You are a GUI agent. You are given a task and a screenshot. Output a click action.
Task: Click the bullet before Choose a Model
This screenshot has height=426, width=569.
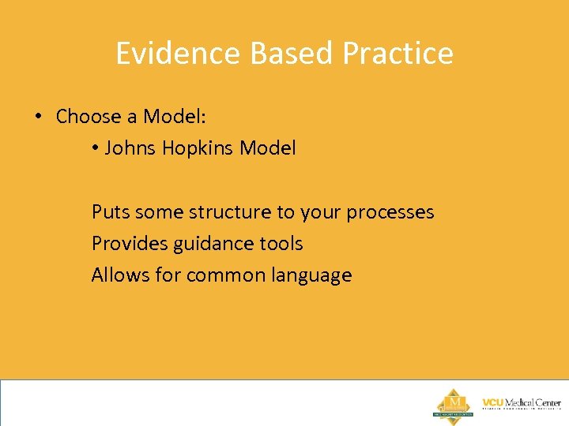click(38, 117)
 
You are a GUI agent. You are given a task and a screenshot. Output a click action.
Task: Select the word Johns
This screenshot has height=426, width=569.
click(131, 148)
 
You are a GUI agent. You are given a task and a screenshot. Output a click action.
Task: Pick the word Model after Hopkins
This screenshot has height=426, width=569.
click(268, 148)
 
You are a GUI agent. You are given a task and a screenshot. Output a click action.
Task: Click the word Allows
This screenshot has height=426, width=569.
click(116, 275)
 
